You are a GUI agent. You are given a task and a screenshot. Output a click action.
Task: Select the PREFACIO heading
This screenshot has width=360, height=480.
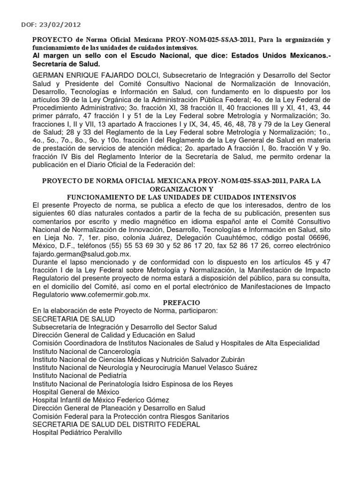tap(180, 303)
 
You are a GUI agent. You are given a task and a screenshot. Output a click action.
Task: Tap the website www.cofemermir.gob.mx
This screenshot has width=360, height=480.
tap(117, 295)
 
